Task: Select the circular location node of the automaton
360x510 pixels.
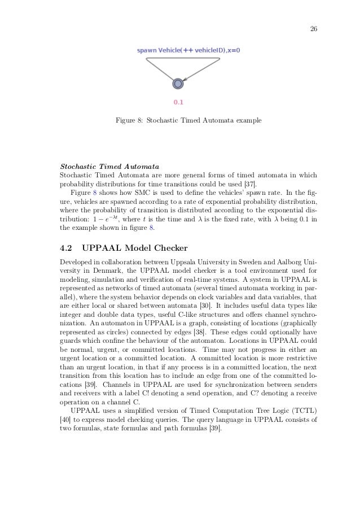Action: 178,84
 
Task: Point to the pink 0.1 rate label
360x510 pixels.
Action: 178,102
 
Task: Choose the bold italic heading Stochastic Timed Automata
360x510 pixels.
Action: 109,167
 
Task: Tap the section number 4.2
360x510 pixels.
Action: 68,247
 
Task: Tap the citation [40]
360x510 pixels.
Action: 65,420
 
